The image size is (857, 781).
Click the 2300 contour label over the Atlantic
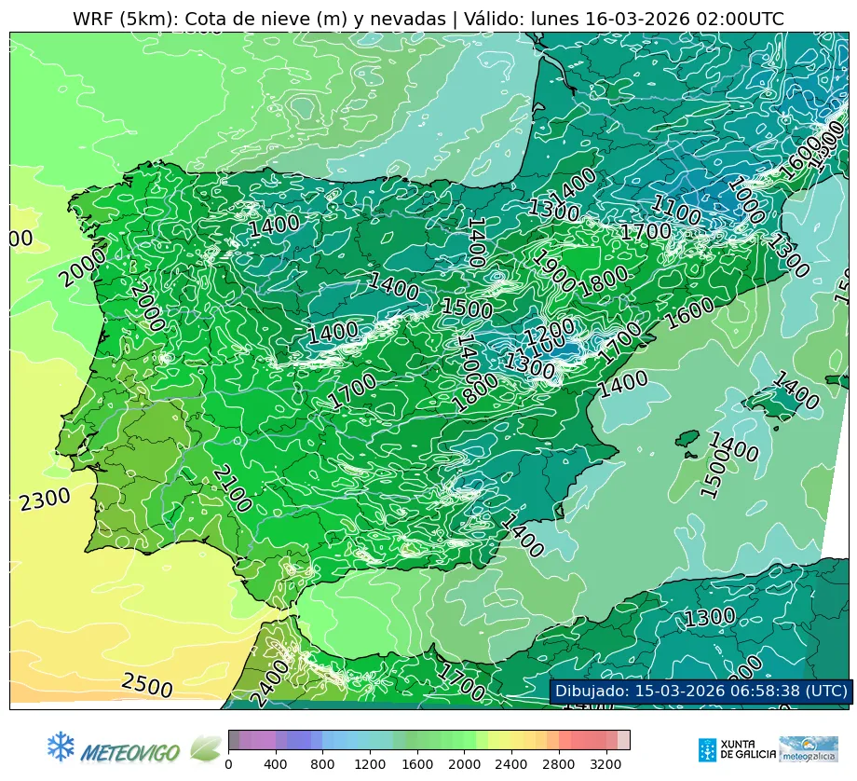click(45, 500)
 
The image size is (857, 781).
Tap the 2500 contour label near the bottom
click(147, 686)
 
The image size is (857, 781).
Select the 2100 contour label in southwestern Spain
click(231, 488)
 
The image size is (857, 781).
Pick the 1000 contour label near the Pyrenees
click(746, 199)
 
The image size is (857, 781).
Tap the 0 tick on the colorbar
click(228, 764)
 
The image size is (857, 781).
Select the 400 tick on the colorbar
click(276, 764)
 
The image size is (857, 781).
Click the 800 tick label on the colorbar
click(323, 764)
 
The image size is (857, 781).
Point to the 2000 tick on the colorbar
click(464, 764)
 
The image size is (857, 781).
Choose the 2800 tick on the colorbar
click(559, 764)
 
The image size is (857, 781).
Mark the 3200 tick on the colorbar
click(606, 764)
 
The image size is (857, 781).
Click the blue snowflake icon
click(61, 746)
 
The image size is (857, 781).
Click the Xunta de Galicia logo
click(736, 749)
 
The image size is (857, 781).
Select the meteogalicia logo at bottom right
click(809, 748)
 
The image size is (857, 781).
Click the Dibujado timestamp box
click(700, 691)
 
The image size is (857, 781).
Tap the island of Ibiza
click(689, 439)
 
